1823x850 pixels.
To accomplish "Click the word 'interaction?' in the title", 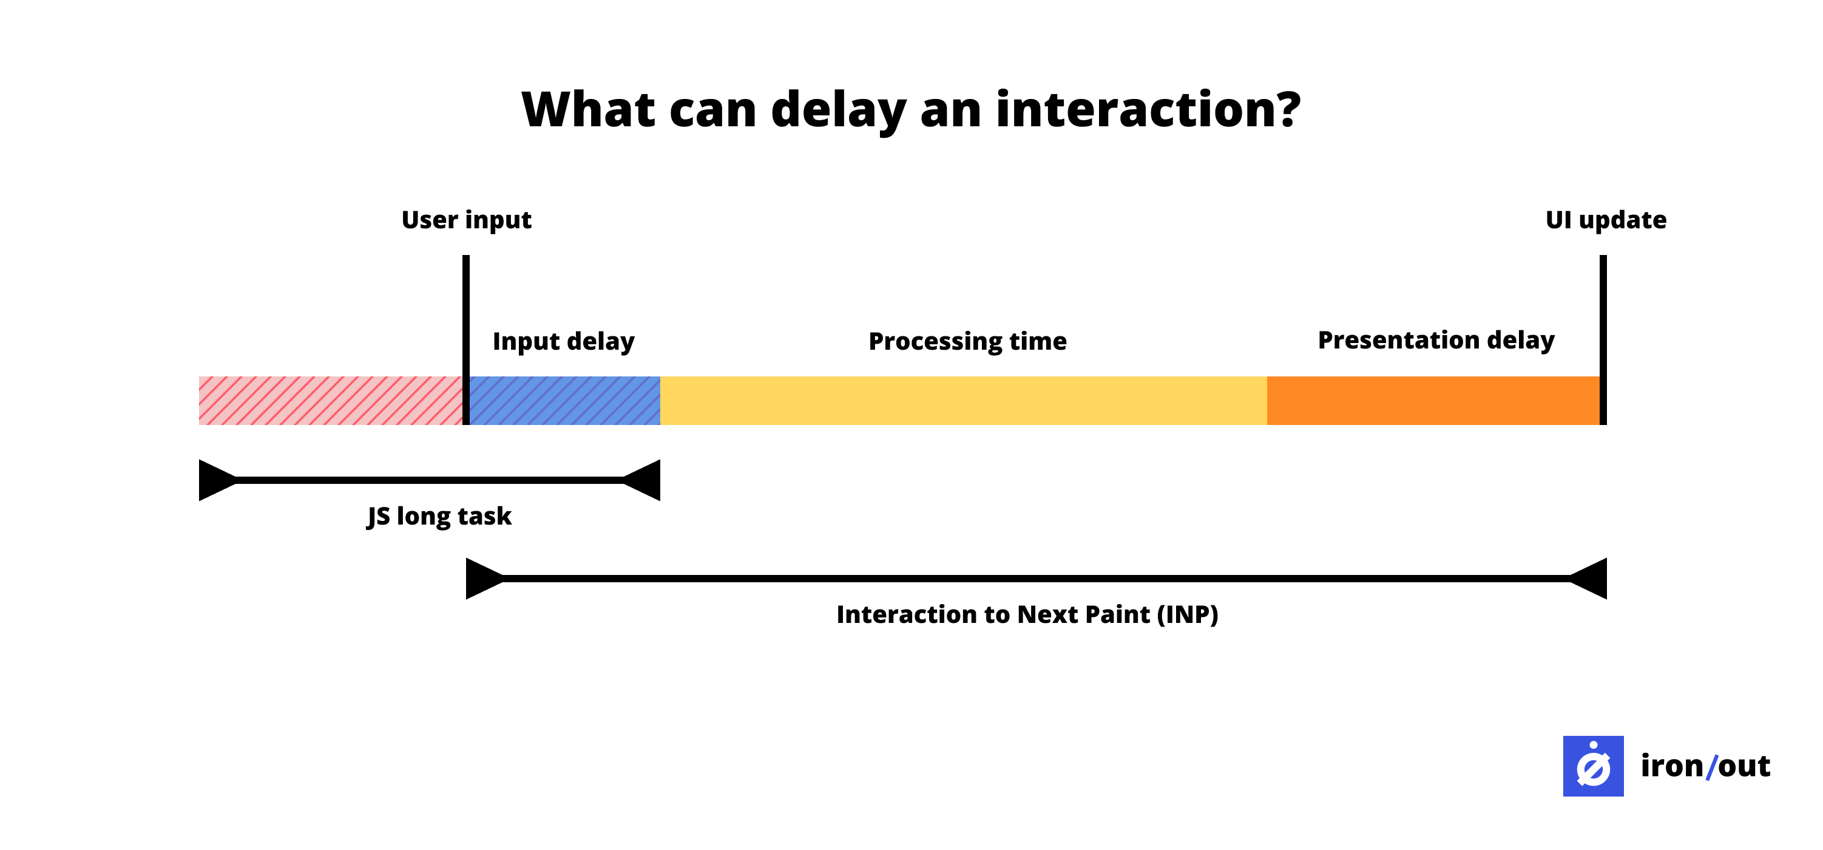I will (x=1147, y=110).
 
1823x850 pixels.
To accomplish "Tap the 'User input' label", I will (x=465, y=220).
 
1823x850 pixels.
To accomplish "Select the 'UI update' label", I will (x=1605, y=220).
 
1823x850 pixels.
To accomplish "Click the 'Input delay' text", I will (x=563, y=341).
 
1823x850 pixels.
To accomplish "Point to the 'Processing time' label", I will (x=967, y=341).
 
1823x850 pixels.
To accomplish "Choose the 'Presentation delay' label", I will (x=1435, y=341).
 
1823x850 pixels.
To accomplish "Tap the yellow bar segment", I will (x=962, y=401).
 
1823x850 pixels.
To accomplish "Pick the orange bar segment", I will (x=1432, y=401).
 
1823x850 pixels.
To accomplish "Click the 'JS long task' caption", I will (x=439, y=516).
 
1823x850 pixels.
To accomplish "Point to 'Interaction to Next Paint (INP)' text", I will (x=1027, y=614).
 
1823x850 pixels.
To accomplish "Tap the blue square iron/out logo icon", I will (x=1593, y=766).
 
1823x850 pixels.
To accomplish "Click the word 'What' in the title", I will (x=588, y=110).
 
